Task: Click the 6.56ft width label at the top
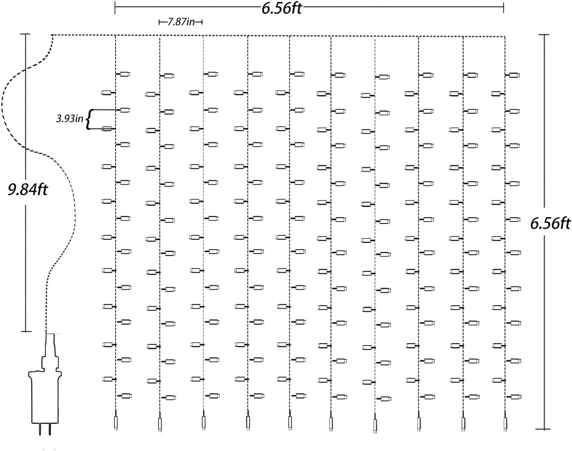point(281,8)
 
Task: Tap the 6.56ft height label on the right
point(550,224)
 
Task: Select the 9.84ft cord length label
point(27,190)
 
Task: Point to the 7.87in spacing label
point(181,22)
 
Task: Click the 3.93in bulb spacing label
point(69,118)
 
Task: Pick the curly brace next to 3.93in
point(89,119)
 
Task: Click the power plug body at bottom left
point(45,396)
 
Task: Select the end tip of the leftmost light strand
point(116,422)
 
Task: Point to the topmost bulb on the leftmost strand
point(125,74)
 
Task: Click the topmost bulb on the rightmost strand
point(514,75)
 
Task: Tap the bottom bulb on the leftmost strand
point(125,396)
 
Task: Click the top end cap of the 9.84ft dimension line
point(26,34)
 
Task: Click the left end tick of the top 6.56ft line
point(115,7)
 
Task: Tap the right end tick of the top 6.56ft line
point(504,7)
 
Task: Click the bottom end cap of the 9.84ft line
point(26,331)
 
